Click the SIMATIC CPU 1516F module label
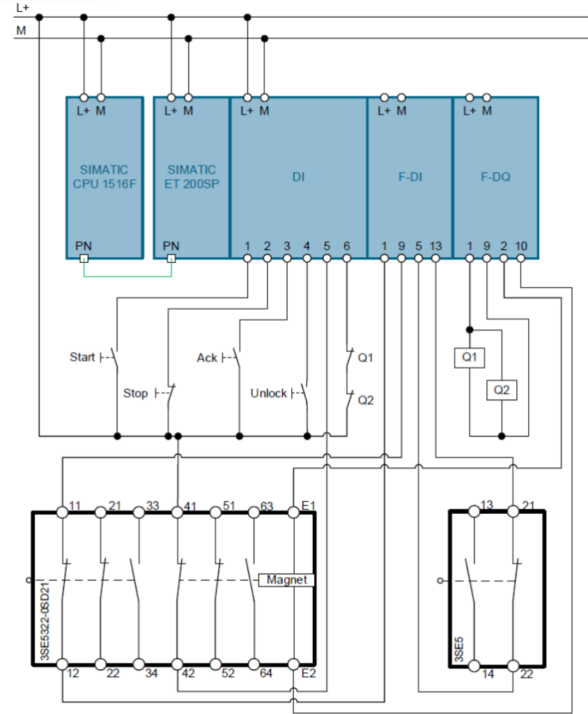click(105, 176)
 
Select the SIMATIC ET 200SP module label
click(192, 176)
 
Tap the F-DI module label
click(410, 177)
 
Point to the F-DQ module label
click(495, 177)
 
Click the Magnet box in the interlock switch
click(287, 580)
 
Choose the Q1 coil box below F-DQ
click(469, 358)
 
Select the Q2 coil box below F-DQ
click(502, 390)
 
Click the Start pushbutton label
click(82, 357)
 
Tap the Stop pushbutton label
click(135, 393)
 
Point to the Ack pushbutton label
click(207, 358)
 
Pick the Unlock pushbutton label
click(268, 394)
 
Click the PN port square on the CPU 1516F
click(84, 259)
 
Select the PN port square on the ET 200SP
click(171, 259)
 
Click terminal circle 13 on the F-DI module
click(435, 259)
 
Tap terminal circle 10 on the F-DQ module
click(521, 259)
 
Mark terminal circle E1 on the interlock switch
click(294, 512)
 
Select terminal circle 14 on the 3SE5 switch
click(474, 664)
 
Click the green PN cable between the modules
click(127, 276)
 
